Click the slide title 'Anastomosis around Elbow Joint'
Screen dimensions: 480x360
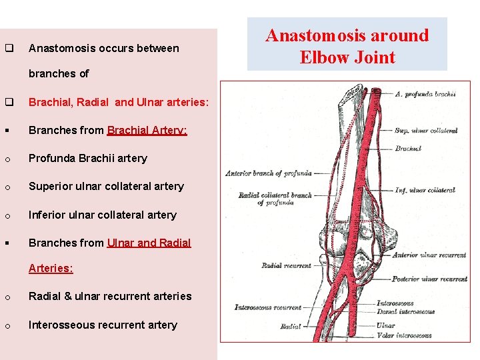point(347,46)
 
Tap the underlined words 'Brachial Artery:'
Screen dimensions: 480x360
point(147,130)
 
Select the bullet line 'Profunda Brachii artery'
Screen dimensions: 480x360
point(87,158)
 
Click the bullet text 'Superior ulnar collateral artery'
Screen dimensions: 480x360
point(106,186)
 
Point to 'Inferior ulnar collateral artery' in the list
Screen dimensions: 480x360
point(102,215)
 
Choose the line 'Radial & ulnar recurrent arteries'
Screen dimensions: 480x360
point(110,296)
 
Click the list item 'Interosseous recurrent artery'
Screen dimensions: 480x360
point(103,325)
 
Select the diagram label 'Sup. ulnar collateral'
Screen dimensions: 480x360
point(426,131)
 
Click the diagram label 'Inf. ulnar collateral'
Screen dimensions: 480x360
point(425,190)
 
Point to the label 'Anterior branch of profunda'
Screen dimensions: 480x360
point(269,173)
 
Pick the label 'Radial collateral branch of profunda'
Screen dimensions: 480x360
point(275,199)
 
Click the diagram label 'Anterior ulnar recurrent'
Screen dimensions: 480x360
point(429,255)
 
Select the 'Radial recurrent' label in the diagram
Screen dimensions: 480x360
point(286,265)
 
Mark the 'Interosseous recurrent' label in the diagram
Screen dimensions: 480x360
point(267,307)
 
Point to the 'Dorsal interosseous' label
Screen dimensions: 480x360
point(415,311)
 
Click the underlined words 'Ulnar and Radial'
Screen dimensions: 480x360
point(149,243)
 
